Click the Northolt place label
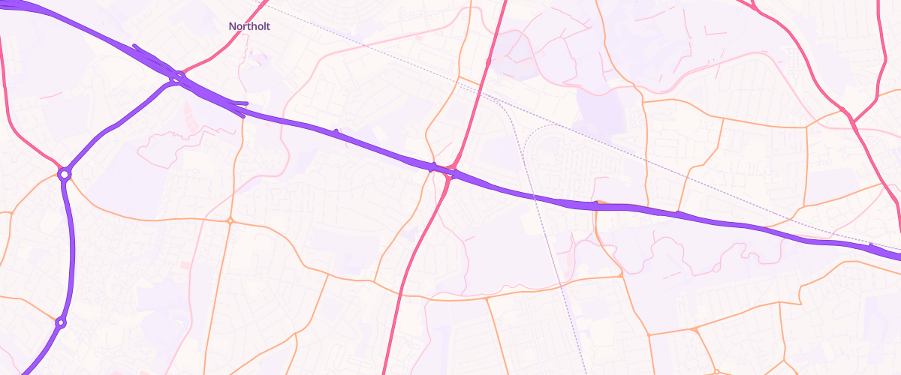pos(249,26)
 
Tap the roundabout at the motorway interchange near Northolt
pos(178,76)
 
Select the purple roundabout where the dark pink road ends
pos(65,174)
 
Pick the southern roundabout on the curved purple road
pos(61,323)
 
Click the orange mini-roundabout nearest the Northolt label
pos(230,220)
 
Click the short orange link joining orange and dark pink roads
pos(471,83)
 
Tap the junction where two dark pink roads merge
pos(854,122)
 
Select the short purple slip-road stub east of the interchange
pos(240,103)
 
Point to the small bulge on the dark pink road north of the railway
pos(488,63)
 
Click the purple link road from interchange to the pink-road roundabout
pos(120,124)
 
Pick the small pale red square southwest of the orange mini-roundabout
pos(185,265)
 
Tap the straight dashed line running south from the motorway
pos(559,285)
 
